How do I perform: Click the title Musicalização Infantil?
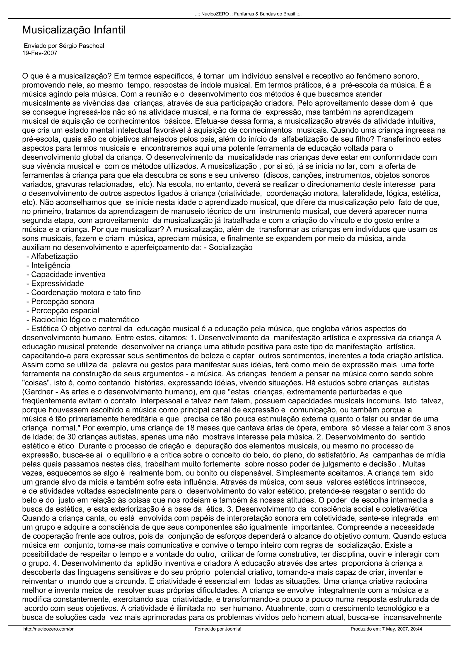(x=74, y=30)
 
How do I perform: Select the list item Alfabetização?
(x=54, y=256)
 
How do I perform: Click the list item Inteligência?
(x=51, y=266)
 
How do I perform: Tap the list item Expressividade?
(x=57, y=284)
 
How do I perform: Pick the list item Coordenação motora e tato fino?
(x=86, y=292)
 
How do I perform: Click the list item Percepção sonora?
(x=63, y=302)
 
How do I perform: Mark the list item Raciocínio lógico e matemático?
(x=85, y=319)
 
